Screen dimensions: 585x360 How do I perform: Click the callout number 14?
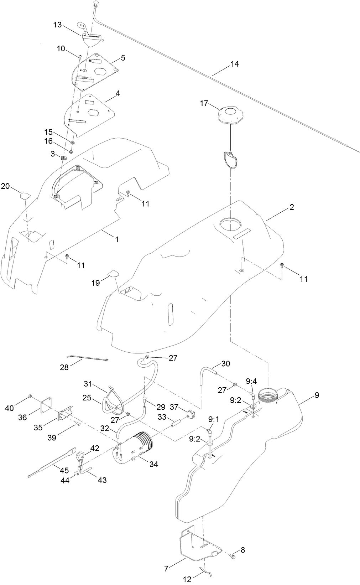234,64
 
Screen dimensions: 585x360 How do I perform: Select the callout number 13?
58,25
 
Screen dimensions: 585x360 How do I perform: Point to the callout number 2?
292,207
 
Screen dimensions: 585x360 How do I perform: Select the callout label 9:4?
251,382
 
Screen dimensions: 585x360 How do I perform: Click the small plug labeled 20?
25,195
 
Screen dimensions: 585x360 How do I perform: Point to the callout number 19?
95,283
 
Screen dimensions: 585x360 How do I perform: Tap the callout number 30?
225,364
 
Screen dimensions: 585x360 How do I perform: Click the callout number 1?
116,239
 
